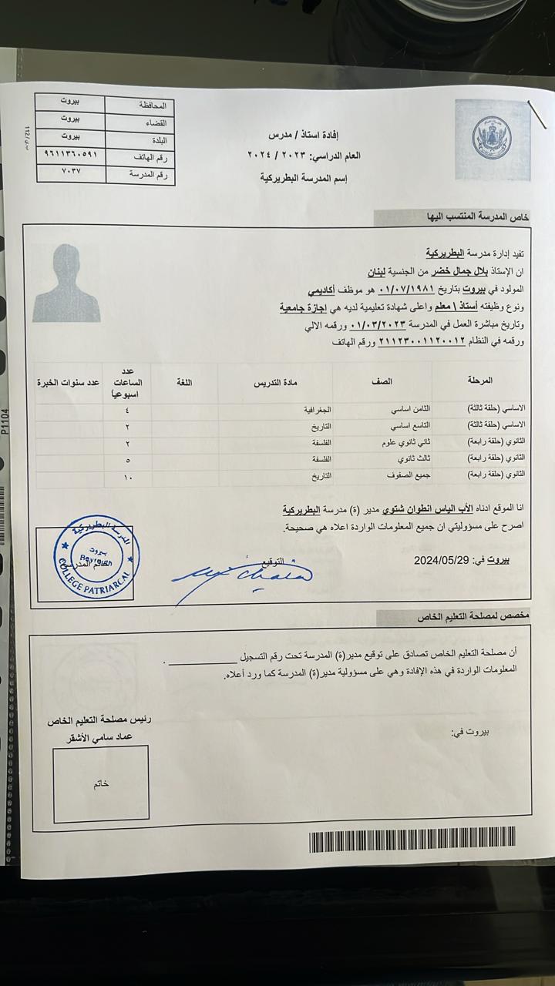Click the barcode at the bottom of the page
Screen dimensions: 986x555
tap(412, 840)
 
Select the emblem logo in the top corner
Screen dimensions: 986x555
tap(491, 139)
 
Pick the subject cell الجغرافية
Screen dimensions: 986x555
tap(315, 407)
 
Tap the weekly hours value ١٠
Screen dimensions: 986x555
tap(127, 478)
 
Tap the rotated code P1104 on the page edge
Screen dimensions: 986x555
tap(6, 421)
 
